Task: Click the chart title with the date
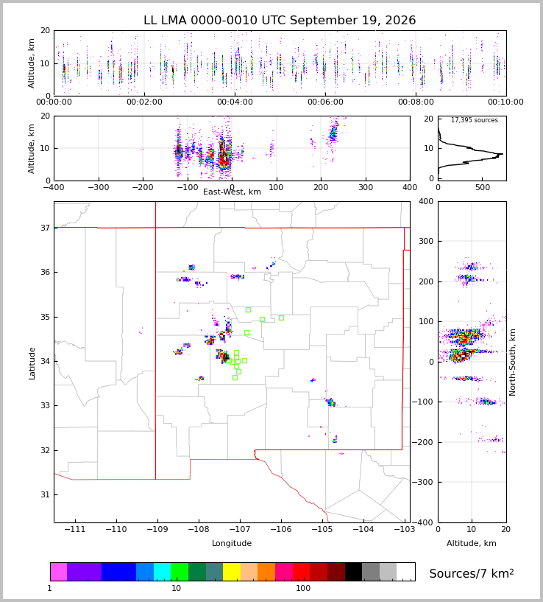(280, 20)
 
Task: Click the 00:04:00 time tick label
(235, 102)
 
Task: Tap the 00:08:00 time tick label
(416, 102)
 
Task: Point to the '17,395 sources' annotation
(475, 120)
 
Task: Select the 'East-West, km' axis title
(232, 192)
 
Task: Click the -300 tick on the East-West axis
(99, 187)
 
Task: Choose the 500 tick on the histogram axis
(483, 187)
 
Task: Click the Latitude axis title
(32, 363)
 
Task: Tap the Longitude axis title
(232, 543)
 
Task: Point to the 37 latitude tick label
(46, 228)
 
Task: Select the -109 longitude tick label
(157, 530)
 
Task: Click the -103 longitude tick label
(405, 530)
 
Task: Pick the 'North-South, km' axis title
(512, 362)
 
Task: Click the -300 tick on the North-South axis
(422, 482)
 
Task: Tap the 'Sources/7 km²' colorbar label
(472, 573)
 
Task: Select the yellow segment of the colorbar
(232, 572)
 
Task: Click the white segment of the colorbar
(405, 572)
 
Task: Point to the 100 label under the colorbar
(303, 588)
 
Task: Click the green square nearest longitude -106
(281, 318)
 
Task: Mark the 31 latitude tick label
(46, 495)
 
